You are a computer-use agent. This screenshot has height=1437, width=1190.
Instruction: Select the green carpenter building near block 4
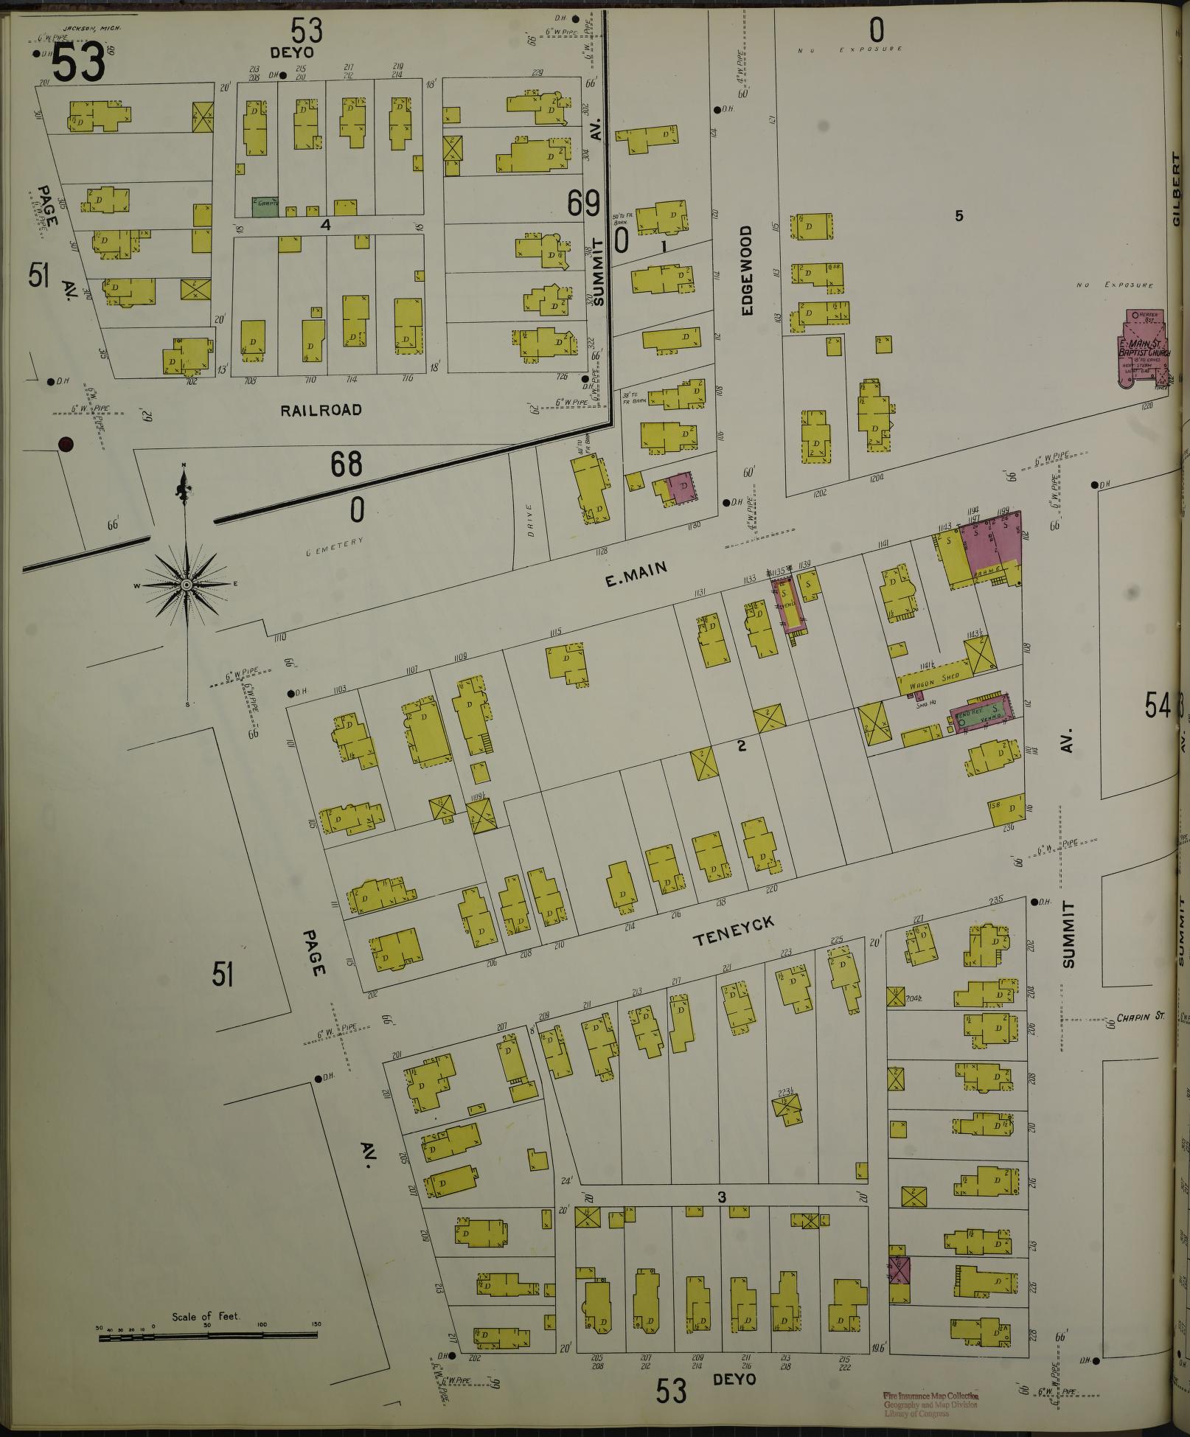pyautogui.click(x=265, y=206)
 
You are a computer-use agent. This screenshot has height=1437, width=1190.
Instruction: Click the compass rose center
pyautogui.click(x=187, y=585)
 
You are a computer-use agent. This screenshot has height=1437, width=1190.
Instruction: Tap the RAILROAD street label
pyautogui.click(x=321, y=410)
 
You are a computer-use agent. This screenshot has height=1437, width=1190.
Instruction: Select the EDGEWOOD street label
pyautogui.click(x=747, y=271)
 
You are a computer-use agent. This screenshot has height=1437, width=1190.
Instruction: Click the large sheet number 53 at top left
pyautogui.click(x=77, y=64)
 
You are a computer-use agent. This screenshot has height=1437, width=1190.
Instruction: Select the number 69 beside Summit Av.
pyautogui.click(x=585, y=203)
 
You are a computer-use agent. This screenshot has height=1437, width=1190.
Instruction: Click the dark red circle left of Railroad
pyautogui.click(x=66, y=444)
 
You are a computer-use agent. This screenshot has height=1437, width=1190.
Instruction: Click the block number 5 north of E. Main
pyautogui.click(x=959, y=216)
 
